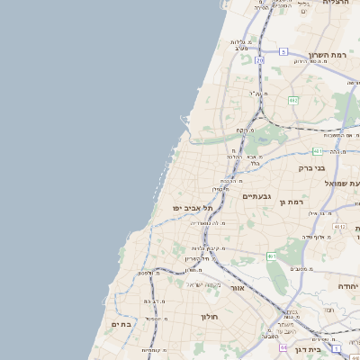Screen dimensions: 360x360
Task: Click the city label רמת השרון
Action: coord(328,55)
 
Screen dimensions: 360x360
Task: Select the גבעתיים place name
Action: coord(256,195)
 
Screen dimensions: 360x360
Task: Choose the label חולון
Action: coord(209,317)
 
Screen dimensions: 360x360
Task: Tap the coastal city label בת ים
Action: coord(121,323)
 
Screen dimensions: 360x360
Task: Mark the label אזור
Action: coord(238,288)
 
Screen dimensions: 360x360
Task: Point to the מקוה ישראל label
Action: coord(202,284)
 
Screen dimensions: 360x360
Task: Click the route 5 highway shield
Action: coord(283,52)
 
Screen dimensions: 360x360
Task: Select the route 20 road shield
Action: coord(259,60)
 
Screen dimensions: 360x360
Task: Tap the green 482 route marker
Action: coord(293,100)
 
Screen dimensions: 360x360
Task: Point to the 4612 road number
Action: coord(338,228)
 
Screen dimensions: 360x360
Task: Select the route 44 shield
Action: coord(283,347)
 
